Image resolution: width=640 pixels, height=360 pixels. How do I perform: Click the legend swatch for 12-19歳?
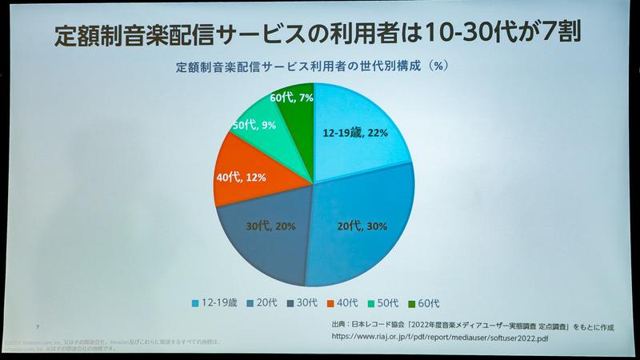pos(196,303)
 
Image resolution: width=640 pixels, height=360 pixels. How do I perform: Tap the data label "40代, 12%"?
pos(241,178)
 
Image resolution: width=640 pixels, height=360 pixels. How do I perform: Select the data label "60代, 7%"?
pos(290,98)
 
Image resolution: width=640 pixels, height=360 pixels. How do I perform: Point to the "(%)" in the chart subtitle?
pos(438,67)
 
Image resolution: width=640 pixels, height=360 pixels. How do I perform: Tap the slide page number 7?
pos(38,326)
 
